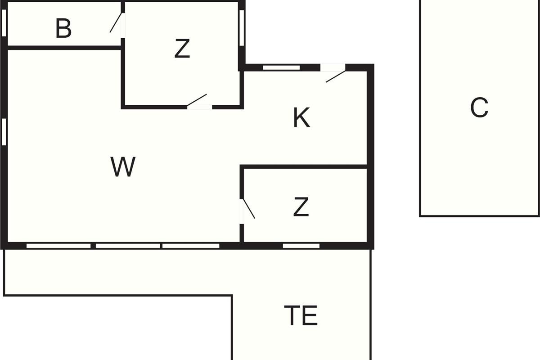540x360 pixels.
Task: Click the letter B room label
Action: point(63,29)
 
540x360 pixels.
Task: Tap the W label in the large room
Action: point(123,167)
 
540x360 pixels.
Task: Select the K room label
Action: point(301,119)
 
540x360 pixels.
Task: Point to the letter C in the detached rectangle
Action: point(479,108)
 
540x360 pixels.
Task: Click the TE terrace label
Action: point(301,315)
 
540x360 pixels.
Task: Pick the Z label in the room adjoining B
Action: point(182,49)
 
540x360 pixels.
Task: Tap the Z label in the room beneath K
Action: point(301,207)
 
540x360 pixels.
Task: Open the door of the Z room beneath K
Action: point(248,209)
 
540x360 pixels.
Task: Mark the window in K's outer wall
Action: point(281,68)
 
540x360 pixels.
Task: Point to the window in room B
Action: point(4,22)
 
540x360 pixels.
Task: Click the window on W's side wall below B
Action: point(4,131)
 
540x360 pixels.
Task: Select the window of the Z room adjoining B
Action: point(242,28)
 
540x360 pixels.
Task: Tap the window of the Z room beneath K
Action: point(301,246)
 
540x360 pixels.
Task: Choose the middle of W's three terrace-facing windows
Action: point(128,246)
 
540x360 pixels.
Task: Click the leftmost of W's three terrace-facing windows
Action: point(58,246)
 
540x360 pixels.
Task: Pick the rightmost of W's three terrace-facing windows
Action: point(191,246)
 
